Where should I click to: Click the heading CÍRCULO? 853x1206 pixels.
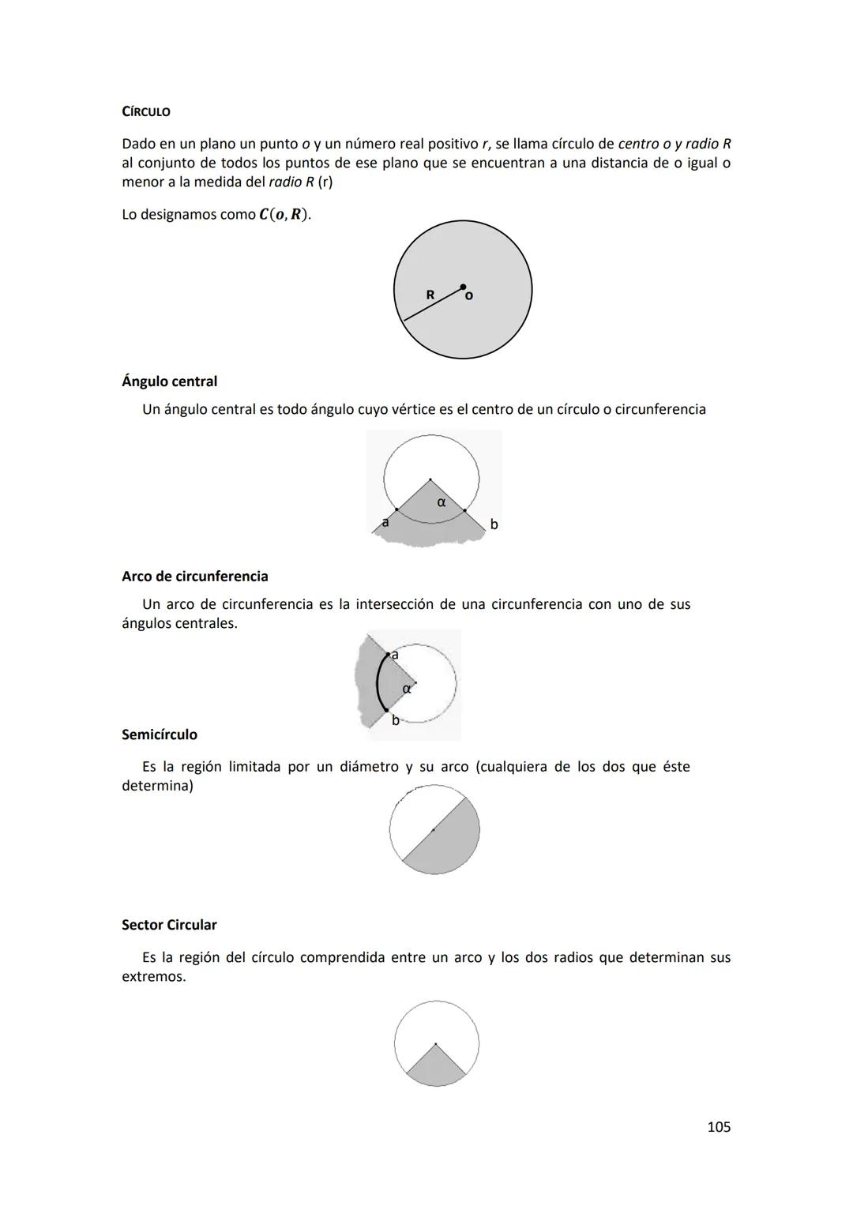pos(146,112)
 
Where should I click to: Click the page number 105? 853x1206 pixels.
pos(719,1127)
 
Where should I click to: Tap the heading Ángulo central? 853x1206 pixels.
pos(169,381)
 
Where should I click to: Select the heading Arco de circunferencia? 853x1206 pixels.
pos(194,577)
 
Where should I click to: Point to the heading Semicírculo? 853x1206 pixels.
pos(160,735)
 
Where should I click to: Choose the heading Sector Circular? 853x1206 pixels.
pos(169,925)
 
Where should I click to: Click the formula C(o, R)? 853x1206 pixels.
pos(284,215)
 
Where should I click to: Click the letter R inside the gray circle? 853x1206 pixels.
pos(430,295)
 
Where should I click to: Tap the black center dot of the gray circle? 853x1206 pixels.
pos(463,287)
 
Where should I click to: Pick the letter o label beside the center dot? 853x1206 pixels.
pos(469,296)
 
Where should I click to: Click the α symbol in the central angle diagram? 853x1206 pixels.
pos(442,502)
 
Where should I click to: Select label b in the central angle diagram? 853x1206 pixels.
pos(494,524)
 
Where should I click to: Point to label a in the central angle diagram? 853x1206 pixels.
pos(385,522)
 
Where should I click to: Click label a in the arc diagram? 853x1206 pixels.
pos(395,655)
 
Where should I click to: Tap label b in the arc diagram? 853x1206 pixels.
pos(396,719)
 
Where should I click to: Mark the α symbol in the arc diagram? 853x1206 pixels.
pos(406,689)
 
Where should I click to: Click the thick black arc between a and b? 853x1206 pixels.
pos(378,683)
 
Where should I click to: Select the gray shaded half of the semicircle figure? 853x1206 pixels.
pos(446,845)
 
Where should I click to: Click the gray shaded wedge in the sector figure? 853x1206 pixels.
pos(436,1067)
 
